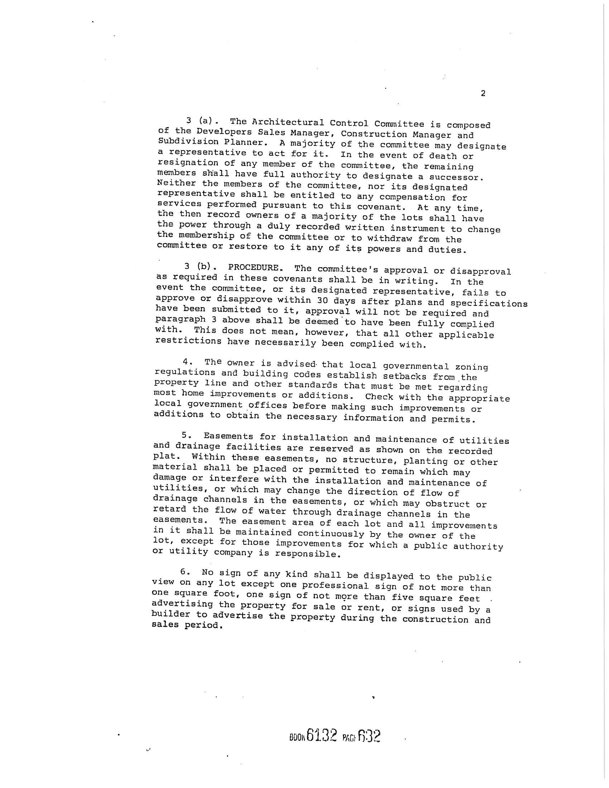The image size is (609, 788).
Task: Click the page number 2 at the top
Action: pos(483,94)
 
